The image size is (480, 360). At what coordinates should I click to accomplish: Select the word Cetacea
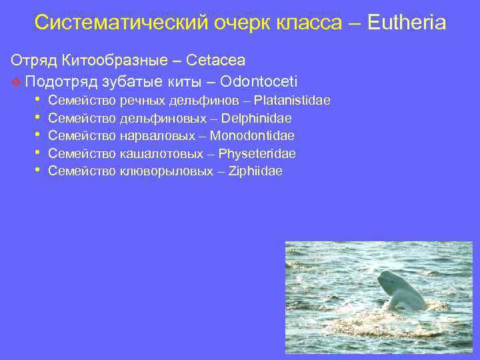click(216, 61)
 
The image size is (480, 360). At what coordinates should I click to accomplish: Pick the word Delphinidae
click(258, 119)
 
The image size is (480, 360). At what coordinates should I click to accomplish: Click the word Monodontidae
click(252, 136)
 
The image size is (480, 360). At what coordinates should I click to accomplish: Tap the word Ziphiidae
click(255, 171)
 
